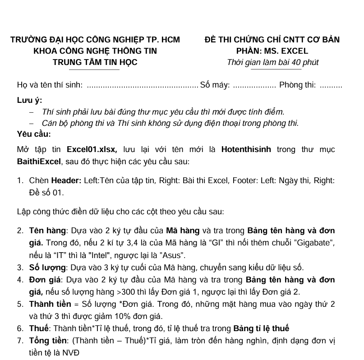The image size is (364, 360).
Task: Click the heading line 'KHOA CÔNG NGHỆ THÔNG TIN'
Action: tap(95, 51)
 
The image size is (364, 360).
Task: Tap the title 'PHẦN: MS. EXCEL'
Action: tap(272, 51)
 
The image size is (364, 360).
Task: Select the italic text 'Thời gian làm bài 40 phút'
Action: tap(272, 62)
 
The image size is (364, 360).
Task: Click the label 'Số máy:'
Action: tap(215, 85)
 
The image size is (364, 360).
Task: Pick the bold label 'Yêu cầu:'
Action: tap(34, 134)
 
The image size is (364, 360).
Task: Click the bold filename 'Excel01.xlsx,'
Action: tap(92, 149)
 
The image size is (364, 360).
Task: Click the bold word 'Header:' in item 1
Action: tap(66, 181)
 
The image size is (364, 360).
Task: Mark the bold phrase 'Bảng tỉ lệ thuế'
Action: tap(261, 328)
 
